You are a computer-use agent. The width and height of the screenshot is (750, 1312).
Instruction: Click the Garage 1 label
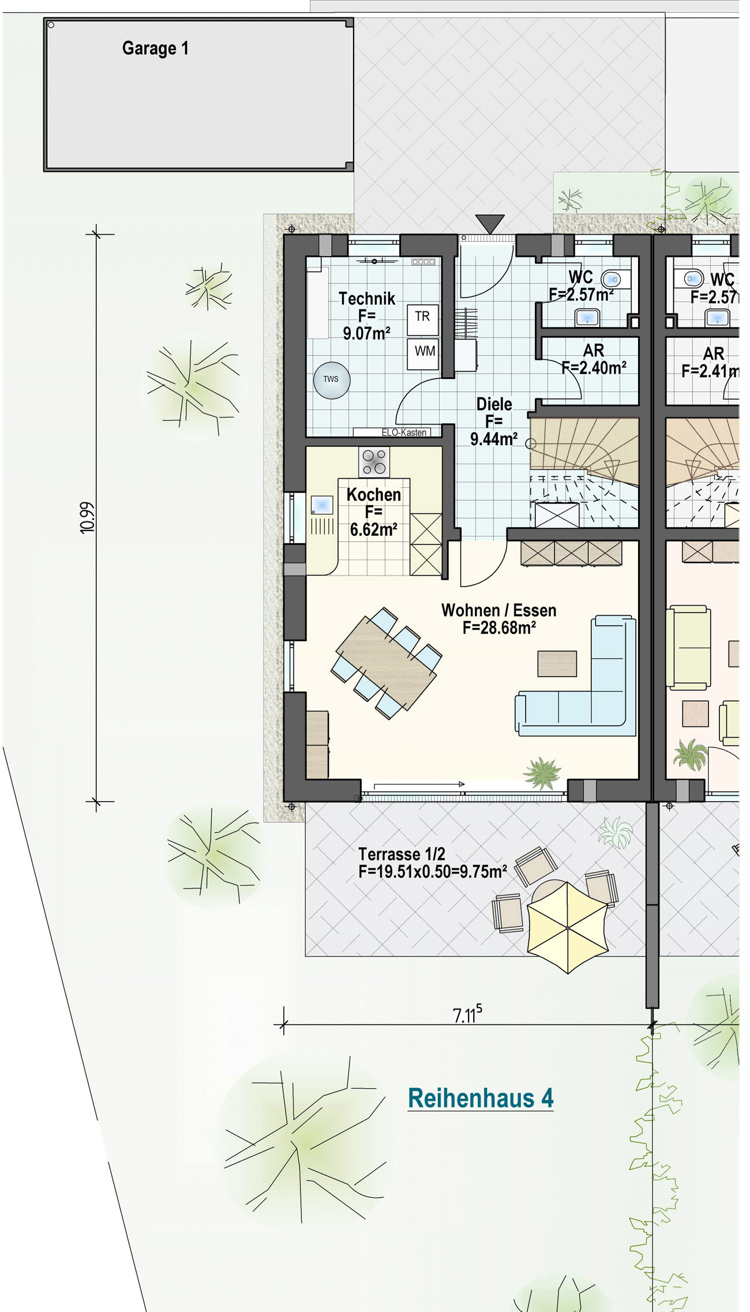pyautogui.click(x=155, y=48)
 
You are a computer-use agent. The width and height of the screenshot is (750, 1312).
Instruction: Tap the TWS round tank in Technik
pyautogui.click(x=332, y=379)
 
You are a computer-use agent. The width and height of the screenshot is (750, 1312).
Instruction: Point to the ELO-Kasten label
pyautogui.click(x=404, y=433)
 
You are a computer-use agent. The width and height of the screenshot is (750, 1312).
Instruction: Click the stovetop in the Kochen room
pyautogui.click(x=374, y=463)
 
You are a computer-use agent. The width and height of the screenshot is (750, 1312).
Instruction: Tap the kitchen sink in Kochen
pyautogui.click(x=322, y=505)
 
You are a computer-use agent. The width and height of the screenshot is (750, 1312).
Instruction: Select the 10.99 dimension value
pyautogui.click(x=87, y=518)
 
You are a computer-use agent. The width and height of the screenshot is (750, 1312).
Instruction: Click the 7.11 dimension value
pyautogui.click(x=467, y=1014)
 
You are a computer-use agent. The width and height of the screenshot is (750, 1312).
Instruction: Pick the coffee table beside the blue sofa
pyautogui.click(x=557, y=664)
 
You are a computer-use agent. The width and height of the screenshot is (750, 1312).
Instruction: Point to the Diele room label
pyautogui.click(x=494, y=404)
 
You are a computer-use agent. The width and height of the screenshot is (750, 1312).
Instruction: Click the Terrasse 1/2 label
pyautogui.click(x=402, y=854)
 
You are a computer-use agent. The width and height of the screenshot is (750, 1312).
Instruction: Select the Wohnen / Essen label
pyautogui.click(x=499, y=610)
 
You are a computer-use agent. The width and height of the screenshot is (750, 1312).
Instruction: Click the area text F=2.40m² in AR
pyautogui.click(x=594, y=368)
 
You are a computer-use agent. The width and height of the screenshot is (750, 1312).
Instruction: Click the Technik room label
pyautogui.click(x=367, y=299)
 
